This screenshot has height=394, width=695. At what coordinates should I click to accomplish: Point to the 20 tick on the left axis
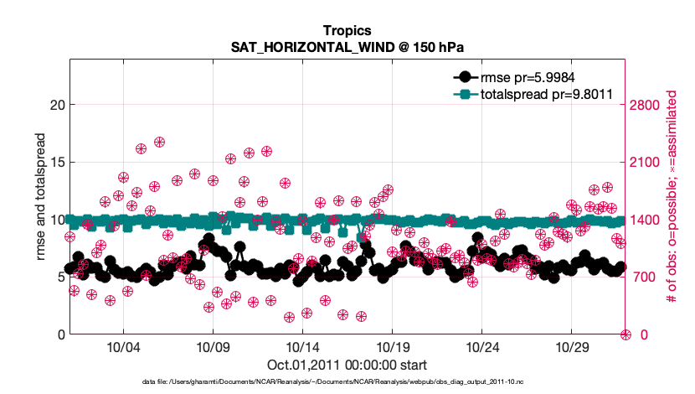[57, 105]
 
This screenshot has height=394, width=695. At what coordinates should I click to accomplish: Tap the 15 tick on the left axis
[57, 162]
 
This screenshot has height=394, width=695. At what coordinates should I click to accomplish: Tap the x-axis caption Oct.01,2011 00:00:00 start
[347, 365]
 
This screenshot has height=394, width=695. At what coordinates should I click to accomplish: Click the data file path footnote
[347, 381]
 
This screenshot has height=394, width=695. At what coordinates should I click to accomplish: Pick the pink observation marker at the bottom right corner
[625, 334]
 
